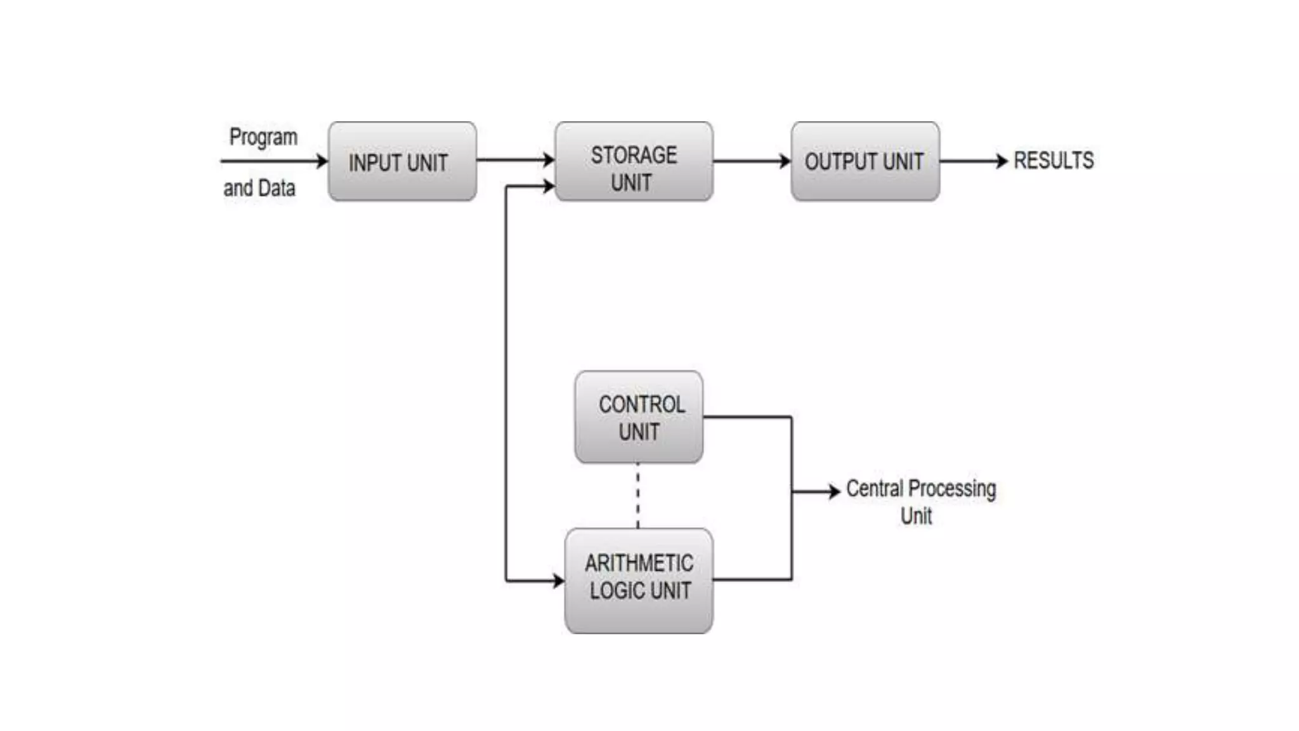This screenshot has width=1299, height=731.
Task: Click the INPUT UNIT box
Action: [x=402, y=162]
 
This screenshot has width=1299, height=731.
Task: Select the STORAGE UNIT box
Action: [x=634, y=162]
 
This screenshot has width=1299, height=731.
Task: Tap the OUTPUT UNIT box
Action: [x=865, y=162]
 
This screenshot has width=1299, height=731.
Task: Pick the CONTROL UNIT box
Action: [x=639, y=418]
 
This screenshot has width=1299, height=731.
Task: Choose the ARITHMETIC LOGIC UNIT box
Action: [x=639, y=581]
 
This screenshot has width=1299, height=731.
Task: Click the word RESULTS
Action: [x=1054, y=161]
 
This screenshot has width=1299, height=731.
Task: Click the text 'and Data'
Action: [x=259, y=188]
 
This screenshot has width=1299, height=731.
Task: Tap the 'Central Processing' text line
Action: [x=921, y=489]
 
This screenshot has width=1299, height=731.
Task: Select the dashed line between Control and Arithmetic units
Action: [x=637, y=496]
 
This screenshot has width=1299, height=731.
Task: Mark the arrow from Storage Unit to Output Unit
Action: [x=752, y=161]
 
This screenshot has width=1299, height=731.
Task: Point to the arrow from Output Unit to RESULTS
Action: [x=973, y=161]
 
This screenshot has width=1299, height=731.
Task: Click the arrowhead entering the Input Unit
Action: [x=322, y=161]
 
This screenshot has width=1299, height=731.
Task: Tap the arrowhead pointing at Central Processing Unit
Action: [x=834, y=491]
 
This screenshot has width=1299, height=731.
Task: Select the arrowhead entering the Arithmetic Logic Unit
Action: [x=558, y=581]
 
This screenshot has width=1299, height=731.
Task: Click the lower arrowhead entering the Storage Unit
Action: [x=549, y=187]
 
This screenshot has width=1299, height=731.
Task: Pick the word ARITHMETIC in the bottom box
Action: [x=639, y=563]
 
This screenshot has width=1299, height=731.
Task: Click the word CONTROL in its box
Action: [x=641, y=404]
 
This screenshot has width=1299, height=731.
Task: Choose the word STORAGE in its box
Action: [x=634, y=155]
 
